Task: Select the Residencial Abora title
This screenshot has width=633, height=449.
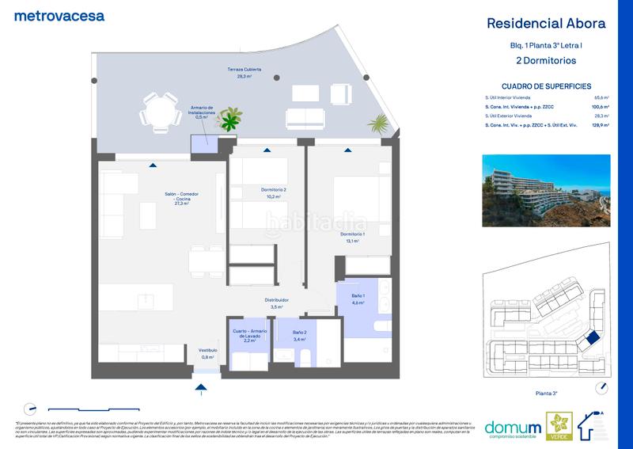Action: (546, 23)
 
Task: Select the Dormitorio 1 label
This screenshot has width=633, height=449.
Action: (353, 238)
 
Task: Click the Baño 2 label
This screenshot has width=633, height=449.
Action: (299, 335)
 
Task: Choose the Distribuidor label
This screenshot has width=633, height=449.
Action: (277, 303)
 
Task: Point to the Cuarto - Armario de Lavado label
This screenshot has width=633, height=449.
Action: (248, 335)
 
